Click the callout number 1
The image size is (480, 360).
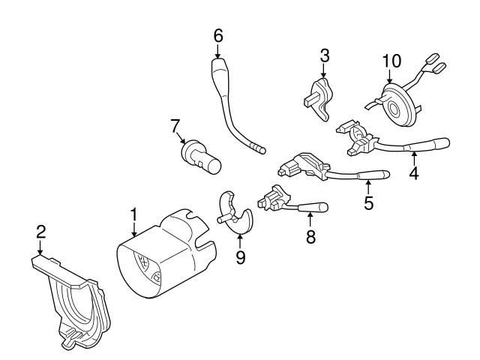(134, 215)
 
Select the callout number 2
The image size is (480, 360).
(40, 234)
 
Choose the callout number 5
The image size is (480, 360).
(368, 202)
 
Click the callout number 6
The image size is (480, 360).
(218, 35)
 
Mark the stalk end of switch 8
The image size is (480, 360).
(318, 205)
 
